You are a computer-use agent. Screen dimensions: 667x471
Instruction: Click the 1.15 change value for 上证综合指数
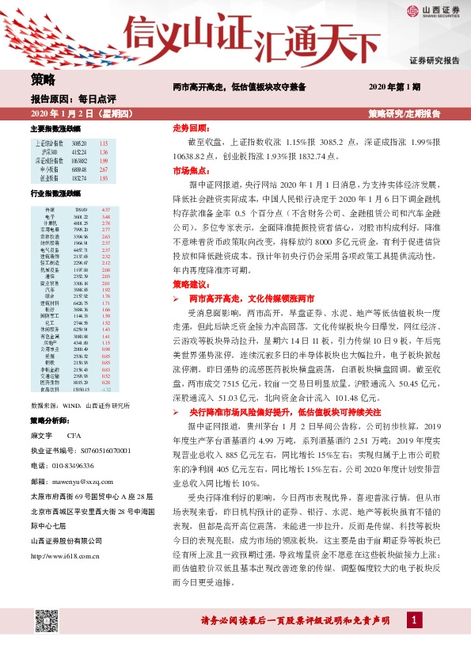coord(103,143)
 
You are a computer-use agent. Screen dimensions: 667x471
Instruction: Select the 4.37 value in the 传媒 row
coord(107,208)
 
